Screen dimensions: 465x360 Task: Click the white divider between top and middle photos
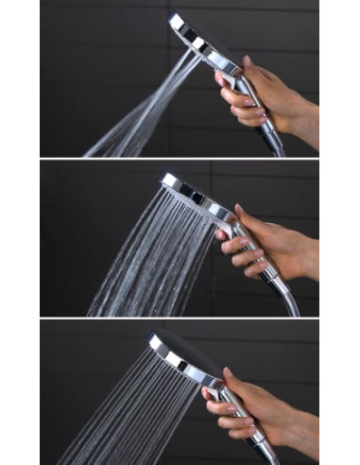(x=180, y=158)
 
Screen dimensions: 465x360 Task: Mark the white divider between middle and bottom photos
(x=180, y=319)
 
